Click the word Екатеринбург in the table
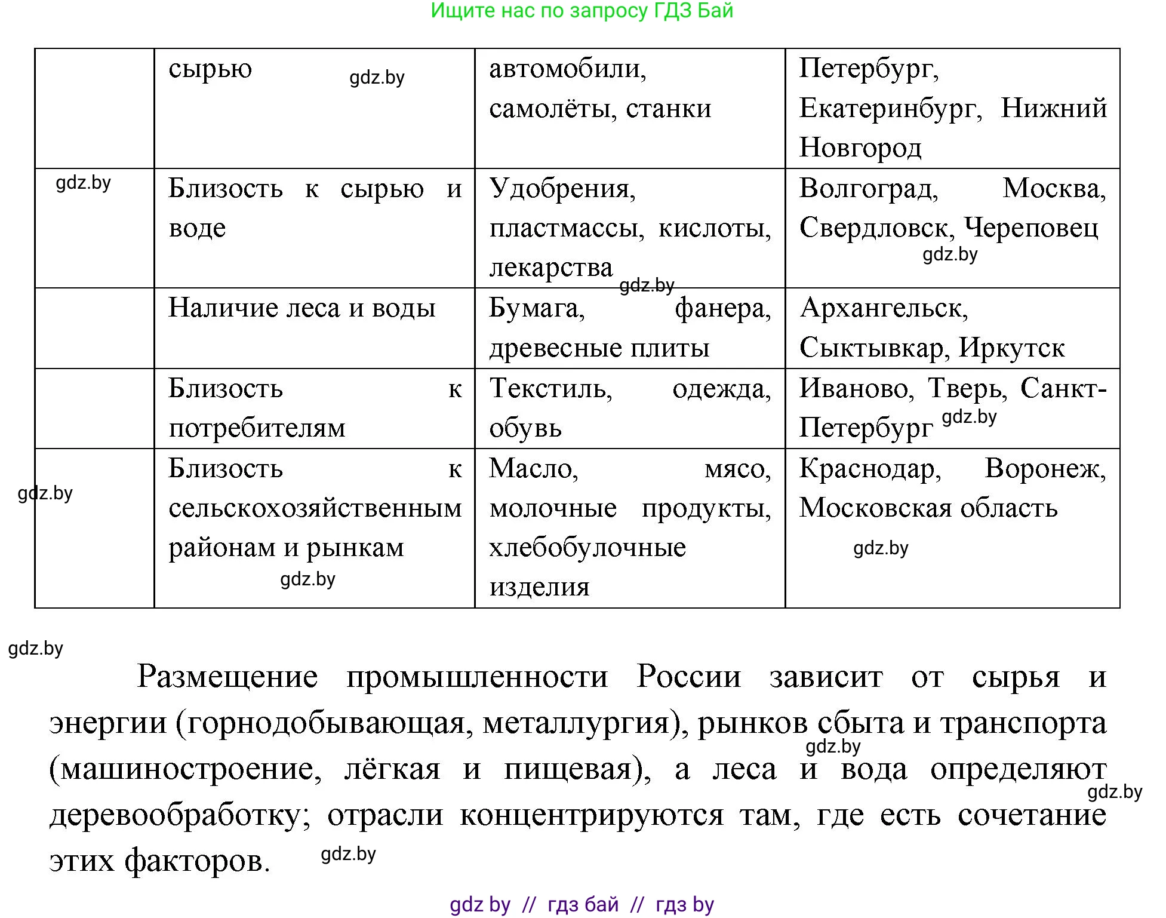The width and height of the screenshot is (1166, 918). [x=890, y=108]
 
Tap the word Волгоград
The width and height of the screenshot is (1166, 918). [x=868, y=189]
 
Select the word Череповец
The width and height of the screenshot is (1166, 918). [x=1030, y=228]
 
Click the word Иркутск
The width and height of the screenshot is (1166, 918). [x=1011, y=348]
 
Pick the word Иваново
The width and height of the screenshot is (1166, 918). [x=855, y=388]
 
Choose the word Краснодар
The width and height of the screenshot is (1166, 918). [x=870, y=468]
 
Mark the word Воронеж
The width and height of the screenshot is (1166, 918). [x=1045, y=468]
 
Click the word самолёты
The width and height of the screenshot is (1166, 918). [x=552, y=109]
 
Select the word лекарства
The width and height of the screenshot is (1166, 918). [x=550, y=268]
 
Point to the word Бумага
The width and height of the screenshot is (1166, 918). [x=537, y=308]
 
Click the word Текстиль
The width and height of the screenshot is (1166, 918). [x=550, y=388]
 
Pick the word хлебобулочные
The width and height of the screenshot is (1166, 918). [x=587, y=548]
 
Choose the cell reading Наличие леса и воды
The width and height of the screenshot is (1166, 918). [x=302, y=308]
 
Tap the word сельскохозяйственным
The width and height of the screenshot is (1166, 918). [x=315, y=508]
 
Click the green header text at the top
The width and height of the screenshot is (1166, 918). [x=582, y=11]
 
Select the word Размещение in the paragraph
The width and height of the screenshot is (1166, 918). [x=227, y=677]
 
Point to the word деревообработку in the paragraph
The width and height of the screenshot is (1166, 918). [x=180, y=815]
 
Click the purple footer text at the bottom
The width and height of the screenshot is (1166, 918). [x=582, y=905]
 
